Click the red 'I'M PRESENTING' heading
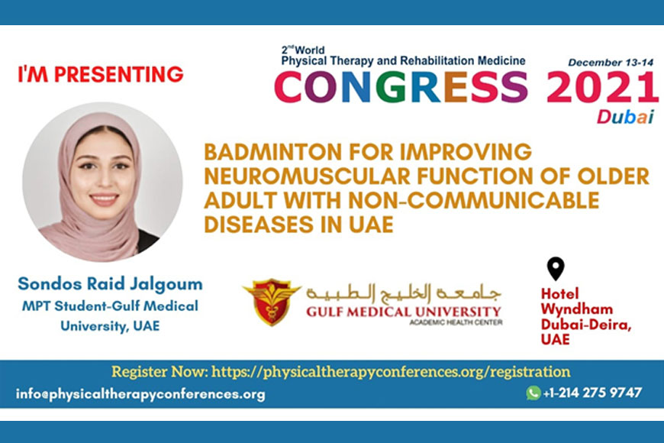click(x=100, y=74)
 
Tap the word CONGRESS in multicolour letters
click(x=401, y=87)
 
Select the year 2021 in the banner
click(x=602, y=87)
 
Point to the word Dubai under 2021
click(x=626, y=117)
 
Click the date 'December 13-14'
click(x=611, y=63)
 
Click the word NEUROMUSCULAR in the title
click(x=308, y=176)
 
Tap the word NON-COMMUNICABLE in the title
click(x=474, y=200)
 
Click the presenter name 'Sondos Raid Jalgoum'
click(x=110, y=283)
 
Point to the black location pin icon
click(x=556, y=268)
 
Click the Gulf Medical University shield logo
click(x=272, y=302)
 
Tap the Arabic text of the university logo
click(x=403, y=293)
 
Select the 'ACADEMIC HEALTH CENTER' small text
click(x=456, y=322)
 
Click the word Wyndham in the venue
click(x=577, y=309)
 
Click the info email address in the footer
click(x=140, y=394)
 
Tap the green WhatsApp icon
click(x=533, y=393)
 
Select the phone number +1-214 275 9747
click(x=592, y=393)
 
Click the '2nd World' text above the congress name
click(x=303, y=50)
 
